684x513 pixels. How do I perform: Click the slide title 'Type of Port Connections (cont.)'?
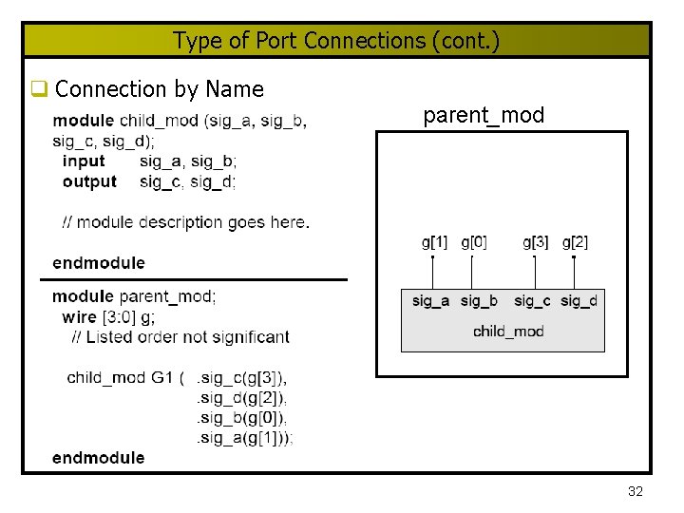coord(336,41)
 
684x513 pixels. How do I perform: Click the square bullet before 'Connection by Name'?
coord(39,90)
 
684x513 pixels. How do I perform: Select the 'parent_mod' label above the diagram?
coord(484,116)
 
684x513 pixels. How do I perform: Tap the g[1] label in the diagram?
coord(434,242)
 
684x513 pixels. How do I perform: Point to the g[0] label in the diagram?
coord(474,242)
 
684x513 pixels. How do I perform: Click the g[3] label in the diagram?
coord(536,242)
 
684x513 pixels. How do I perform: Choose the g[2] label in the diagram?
coord(575,242)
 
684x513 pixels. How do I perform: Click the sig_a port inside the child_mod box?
coord(431,301)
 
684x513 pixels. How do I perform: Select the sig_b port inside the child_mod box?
coord(479,301)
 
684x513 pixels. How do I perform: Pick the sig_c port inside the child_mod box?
coord(532,301)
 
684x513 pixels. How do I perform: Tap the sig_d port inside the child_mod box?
coord(579,301)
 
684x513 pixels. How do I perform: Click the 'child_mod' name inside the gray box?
coord(508,332)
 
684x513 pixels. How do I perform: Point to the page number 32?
coord(636,491)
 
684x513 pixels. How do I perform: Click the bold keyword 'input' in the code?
coord(84,161)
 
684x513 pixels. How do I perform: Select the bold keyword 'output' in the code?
coord(89,181)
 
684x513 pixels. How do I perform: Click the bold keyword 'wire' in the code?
coord(79,316)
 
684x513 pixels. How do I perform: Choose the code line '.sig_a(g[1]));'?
coord(244,438)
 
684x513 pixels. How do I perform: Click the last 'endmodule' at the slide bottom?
coord(99,458)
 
